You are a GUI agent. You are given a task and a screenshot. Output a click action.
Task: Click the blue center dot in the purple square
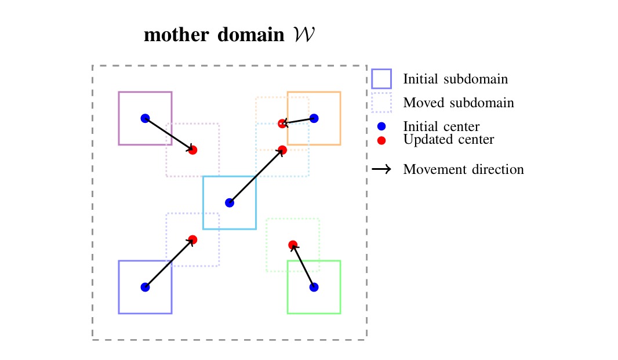pos(145,118)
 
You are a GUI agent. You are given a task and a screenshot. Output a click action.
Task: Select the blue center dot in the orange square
pos(314,118)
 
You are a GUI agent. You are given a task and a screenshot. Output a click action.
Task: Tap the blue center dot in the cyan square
pos(230,202)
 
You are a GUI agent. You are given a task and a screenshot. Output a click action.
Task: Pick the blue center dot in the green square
pos(314,286)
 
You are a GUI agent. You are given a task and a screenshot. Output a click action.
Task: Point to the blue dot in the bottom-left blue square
pos(145,286)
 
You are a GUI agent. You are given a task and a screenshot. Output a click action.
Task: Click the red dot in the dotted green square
pos(293,245)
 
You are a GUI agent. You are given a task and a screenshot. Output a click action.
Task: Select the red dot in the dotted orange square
pos(282,123)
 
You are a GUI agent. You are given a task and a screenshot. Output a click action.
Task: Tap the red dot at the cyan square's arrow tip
pos(282,150)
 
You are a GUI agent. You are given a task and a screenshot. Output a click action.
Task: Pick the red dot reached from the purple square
pos(192,150)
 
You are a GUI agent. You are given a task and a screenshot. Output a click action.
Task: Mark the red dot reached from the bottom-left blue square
pos(192,239)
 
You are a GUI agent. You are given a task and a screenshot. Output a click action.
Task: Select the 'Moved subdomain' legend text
pos(458,103)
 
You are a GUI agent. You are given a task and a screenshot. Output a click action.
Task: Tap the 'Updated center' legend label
pos(448,140)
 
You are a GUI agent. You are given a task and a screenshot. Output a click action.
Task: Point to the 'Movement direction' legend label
pos(463,170)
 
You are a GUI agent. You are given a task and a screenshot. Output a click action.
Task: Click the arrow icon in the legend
pos(381,170)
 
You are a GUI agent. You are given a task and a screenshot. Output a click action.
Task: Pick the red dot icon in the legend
pos(381,140)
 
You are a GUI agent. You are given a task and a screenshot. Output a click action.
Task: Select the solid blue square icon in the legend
pos(381,79)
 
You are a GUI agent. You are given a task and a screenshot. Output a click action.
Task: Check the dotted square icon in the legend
pos(381,103)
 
